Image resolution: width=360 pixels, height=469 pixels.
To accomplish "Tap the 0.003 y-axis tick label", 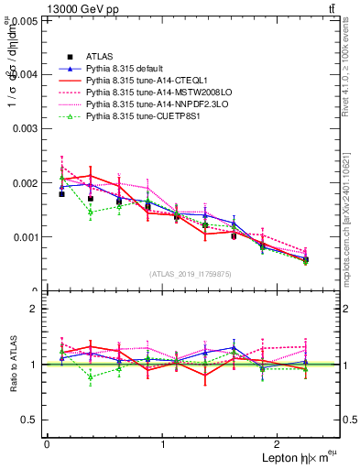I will pos(27,128).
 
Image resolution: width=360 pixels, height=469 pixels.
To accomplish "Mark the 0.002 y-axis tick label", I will pos(27,182).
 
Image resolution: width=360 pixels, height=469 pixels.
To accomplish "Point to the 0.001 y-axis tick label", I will pos(27,236).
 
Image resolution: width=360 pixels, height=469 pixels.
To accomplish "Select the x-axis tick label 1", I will pos(163,444).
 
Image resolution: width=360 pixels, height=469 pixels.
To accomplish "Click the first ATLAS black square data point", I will pos(61,194).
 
